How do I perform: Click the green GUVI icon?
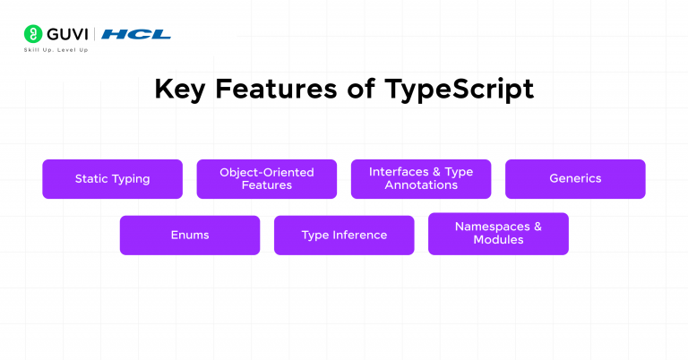32,34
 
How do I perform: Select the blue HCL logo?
135,34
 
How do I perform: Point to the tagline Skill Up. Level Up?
56,50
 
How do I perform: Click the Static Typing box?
112,179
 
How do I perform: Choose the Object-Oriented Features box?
267,179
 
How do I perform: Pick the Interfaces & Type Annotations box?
421,179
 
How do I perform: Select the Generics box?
575,179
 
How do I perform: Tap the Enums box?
190,236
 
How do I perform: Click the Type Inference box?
344,236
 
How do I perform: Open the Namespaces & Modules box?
498,234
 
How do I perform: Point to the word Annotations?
421,185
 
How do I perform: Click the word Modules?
498,240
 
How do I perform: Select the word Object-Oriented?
267,172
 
